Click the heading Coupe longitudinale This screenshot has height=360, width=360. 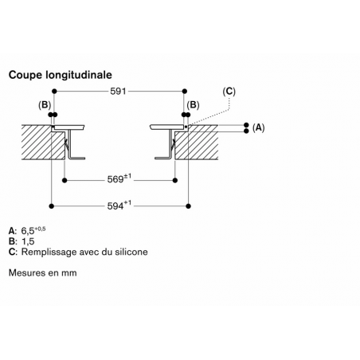[x=61, y=75]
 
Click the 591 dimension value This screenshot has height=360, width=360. [x=118, y=92]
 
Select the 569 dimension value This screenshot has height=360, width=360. [x=115, y=179]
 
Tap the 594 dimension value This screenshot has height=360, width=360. [x=115, y=206]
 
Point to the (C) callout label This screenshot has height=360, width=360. [x=229, y=92]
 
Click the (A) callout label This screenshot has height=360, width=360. [x=258, y=128]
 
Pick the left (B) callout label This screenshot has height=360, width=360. [x=45, y=105]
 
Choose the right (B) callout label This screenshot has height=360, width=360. [x=193, y=105]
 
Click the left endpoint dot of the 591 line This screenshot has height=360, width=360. [x=54, y=92]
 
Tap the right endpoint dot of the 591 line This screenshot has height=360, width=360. [x=185, y=92]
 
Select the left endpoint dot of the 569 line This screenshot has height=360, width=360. [x=65, y=181]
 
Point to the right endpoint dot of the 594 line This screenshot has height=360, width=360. [x=189, y=206]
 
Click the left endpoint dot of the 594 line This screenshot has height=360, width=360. [x=52, y=206]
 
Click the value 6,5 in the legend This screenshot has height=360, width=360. [x=28, y=231]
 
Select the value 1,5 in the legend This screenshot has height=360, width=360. [x=28, y=241]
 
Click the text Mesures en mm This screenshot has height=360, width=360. [x=43, y=272]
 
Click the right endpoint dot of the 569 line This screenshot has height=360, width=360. [x=175, y=181]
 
